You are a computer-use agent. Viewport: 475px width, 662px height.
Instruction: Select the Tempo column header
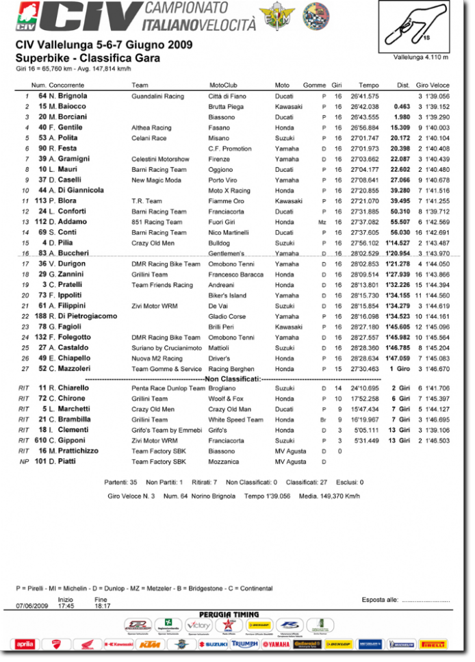coord(368,85)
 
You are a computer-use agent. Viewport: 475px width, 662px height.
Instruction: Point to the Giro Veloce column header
coord(433,85)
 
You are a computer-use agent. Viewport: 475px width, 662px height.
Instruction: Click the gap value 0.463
coord(402,107)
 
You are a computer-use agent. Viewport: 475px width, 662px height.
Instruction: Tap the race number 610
coord(40,441)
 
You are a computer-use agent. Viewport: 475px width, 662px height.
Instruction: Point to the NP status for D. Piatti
coord(24,462)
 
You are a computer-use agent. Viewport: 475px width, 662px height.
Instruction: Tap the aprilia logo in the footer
coord(24,644)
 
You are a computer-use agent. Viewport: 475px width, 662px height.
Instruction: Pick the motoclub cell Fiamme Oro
coord(227,201)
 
